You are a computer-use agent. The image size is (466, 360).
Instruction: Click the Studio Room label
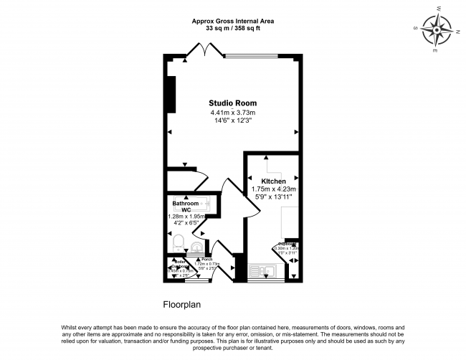click(232, 103)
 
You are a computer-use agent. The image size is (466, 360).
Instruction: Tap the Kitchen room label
click(273, 181)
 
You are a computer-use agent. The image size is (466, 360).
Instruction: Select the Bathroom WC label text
click(185, 207)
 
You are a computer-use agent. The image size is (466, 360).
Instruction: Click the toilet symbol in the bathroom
click(177, 240)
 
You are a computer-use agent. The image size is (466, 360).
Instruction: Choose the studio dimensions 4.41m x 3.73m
click(232, 113)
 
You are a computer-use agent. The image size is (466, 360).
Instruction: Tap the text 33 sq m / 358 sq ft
click(233, 29)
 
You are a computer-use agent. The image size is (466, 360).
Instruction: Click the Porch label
click(207, 259)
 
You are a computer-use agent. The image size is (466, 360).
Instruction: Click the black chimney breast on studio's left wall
click(172, 93)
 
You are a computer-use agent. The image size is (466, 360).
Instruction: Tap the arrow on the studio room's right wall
click(295, 132)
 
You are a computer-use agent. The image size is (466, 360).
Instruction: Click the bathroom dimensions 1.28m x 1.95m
click(186, 216)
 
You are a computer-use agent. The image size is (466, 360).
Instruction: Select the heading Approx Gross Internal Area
click(233, 22)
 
